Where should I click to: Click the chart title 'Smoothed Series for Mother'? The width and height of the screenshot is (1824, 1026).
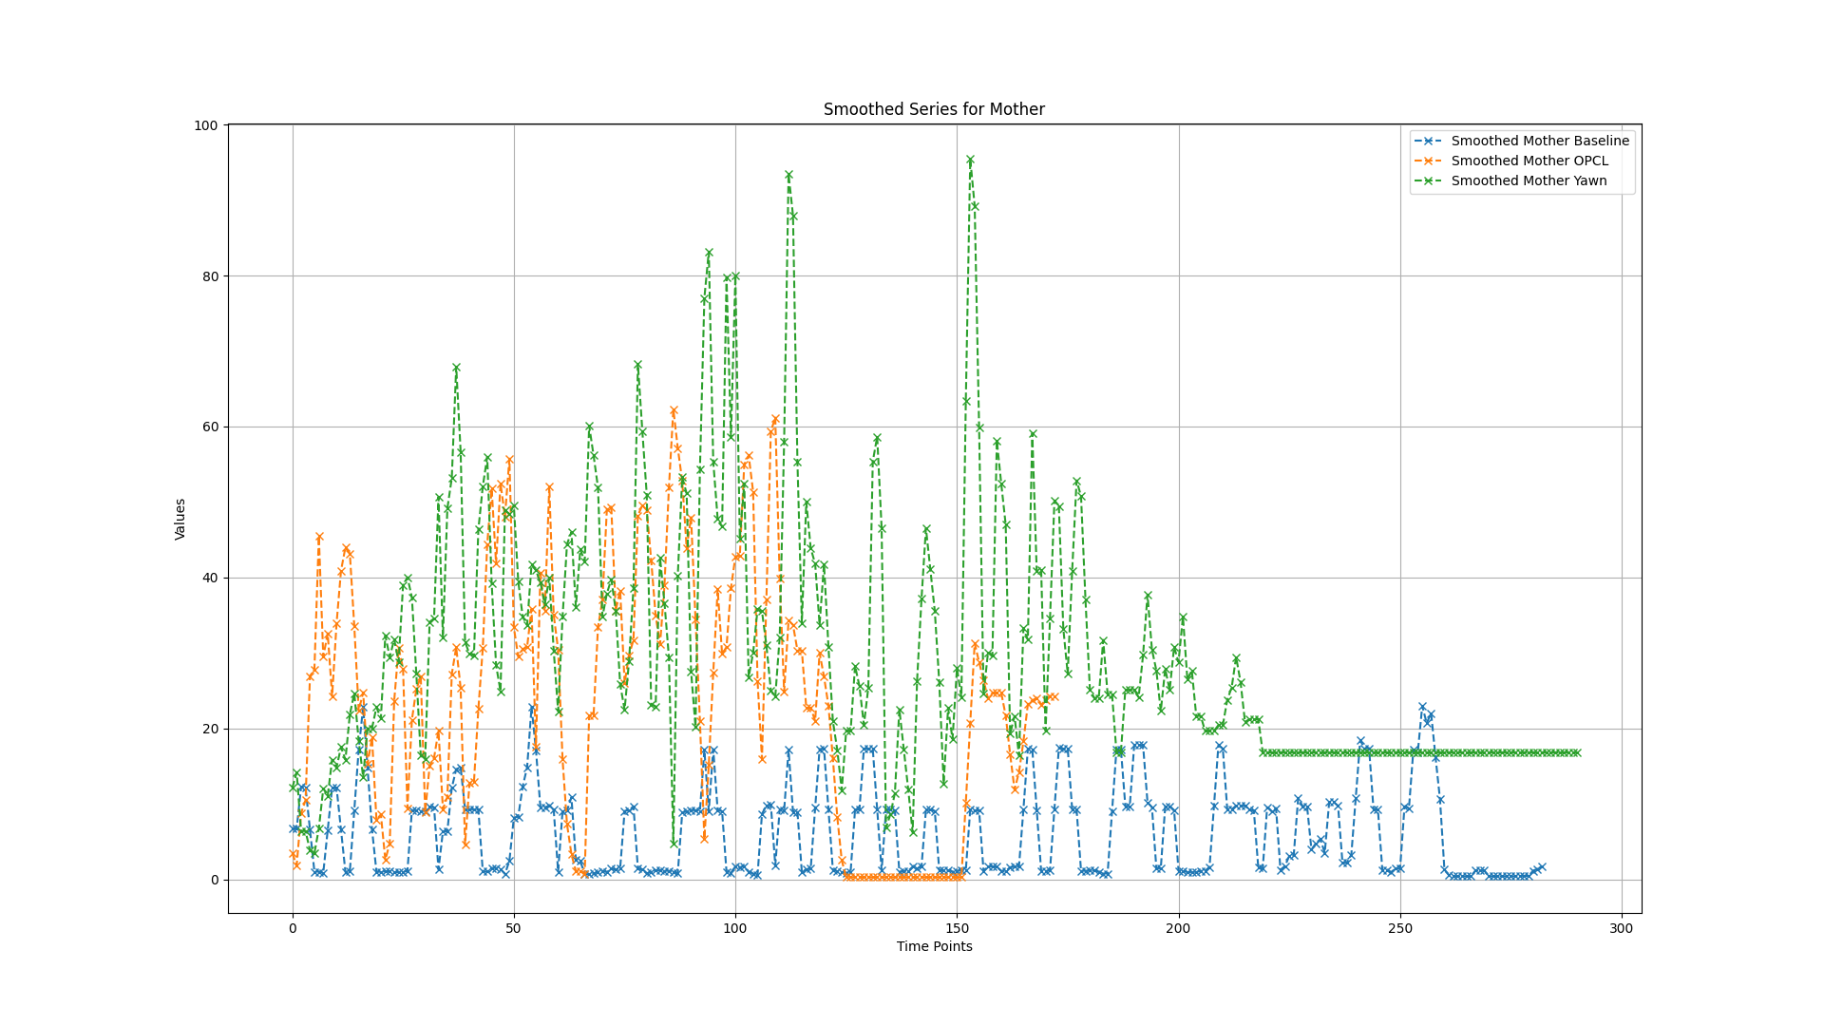point(934,109)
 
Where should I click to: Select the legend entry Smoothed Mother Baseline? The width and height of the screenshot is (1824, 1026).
point(1539,141)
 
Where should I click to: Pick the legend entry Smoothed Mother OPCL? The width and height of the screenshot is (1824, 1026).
point(1529,161)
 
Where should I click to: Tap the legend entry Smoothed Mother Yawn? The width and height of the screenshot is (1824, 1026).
point(1529,180)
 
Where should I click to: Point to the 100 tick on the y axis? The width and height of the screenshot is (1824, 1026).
point(208,125)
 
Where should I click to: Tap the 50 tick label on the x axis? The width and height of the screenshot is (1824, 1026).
point(514,928)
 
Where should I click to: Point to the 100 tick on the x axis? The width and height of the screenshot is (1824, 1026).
point(735,928)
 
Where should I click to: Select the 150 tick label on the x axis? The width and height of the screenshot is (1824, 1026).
point(957,928)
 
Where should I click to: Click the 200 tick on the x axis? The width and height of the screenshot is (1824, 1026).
point(1179,928)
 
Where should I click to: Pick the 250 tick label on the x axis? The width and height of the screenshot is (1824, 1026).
point(1400,928)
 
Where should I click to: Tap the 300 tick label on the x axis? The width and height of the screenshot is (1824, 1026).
point(1622,928)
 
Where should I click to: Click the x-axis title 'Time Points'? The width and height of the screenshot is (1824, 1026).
point(934,946)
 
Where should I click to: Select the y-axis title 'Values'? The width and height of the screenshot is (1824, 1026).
point(180,519)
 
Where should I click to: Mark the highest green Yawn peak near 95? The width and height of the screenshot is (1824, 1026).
point(970,161)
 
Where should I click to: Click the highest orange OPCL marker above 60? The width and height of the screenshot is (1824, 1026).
point(674,410)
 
